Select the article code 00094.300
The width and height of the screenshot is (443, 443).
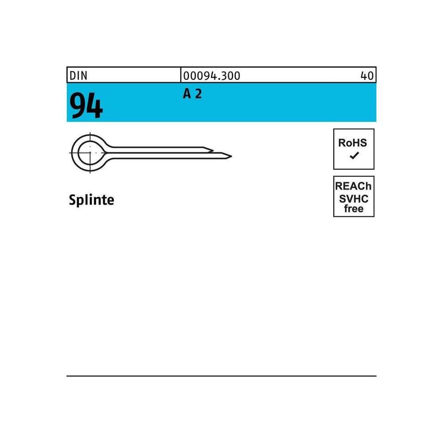coord(212,76)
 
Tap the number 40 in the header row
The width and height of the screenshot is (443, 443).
coord(367,76)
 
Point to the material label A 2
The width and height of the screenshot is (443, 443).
coord(192,94)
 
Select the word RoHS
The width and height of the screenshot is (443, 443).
coord(353,143)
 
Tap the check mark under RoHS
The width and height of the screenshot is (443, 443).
coord(353,156)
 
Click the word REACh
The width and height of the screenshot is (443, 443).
coord(353,186)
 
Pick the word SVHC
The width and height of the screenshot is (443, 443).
coord(353,198)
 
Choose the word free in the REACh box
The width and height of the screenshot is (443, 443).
coord(353,209)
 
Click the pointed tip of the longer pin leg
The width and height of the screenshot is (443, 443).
coord(231,156)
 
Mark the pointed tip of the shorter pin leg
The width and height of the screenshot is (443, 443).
coord(213,150)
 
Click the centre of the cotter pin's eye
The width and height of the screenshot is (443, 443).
coord(89,152)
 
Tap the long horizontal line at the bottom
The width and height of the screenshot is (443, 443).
coord(221,376)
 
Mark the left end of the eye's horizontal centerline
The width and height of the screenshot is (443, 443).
coord(70,152)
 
